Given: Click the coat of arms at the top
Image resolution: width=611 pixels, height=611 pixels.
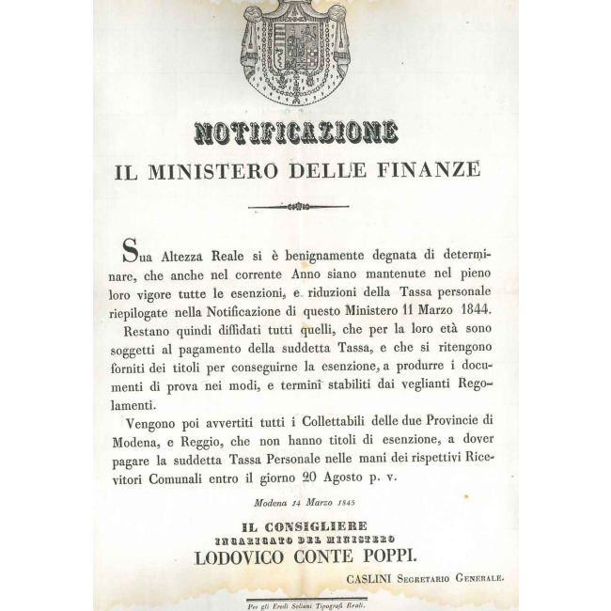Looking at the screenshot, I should (305, 51).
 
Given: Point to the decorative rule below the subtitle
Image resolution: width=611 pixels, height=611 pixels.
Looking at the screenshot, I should (305, 209).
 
